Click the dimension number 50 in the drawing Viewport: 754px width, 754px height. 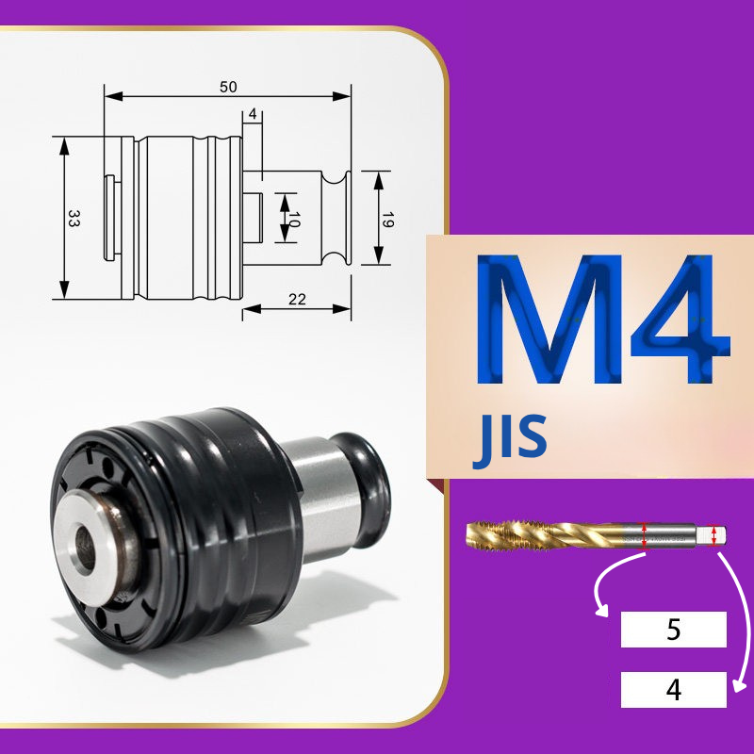point(228,87)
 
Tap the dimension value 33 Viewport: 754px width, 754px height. point(74,218)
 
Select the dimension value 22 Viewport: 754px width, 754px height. point(297,300)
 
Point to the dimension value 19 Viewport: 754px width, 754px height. point(387,220)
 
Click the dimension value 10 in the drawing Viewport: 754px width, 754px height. point(294,220)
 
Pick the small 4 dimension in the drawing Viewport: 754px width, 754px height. point(253,114)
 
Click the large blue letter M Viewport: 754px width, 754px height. point(549,320)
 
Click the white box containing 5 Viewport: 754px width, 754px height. point(673,630)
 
